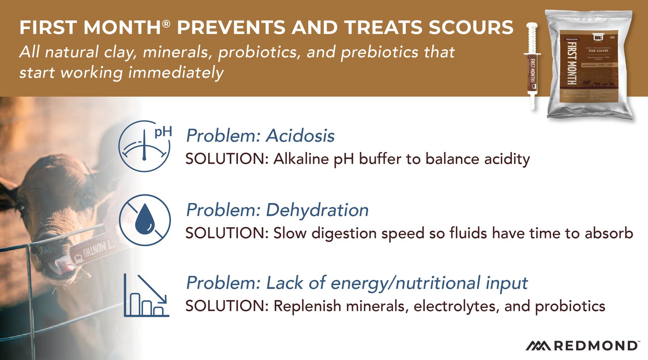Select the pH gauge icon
145,146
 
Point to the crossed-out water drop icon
145,220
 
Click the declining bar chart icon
146,295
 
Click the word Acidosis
300,136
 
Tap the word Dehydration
317,210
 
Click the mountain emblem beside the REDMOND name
538,346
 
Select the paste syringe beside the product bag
532,65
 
